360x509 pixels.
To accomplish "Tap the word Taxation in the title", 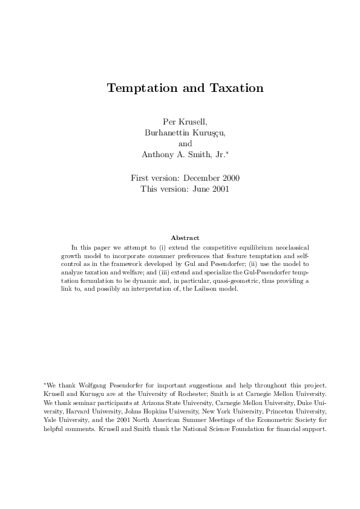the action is pyautogui.click(x=234, y=88).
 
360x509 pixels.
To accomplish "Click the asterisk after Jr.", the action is pyautogui.click(x=226, y=153).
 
